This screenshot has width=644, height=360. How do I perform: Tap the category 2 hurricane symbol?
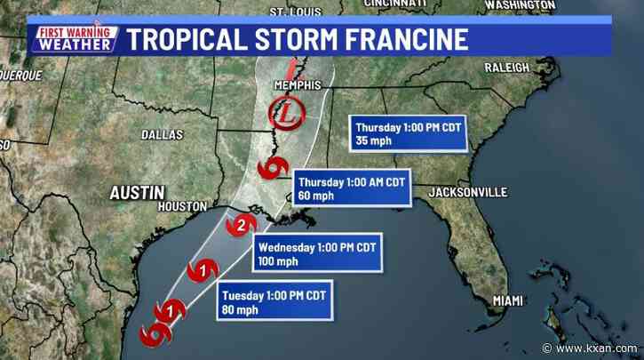[240, 227]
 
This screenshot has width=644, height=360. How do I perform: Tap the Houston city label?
[181, 206]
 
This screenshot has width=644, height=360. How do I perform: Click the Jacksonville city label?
[467, 192]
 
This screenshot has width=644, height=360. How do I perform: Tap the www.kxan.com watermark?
[596, 348]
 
